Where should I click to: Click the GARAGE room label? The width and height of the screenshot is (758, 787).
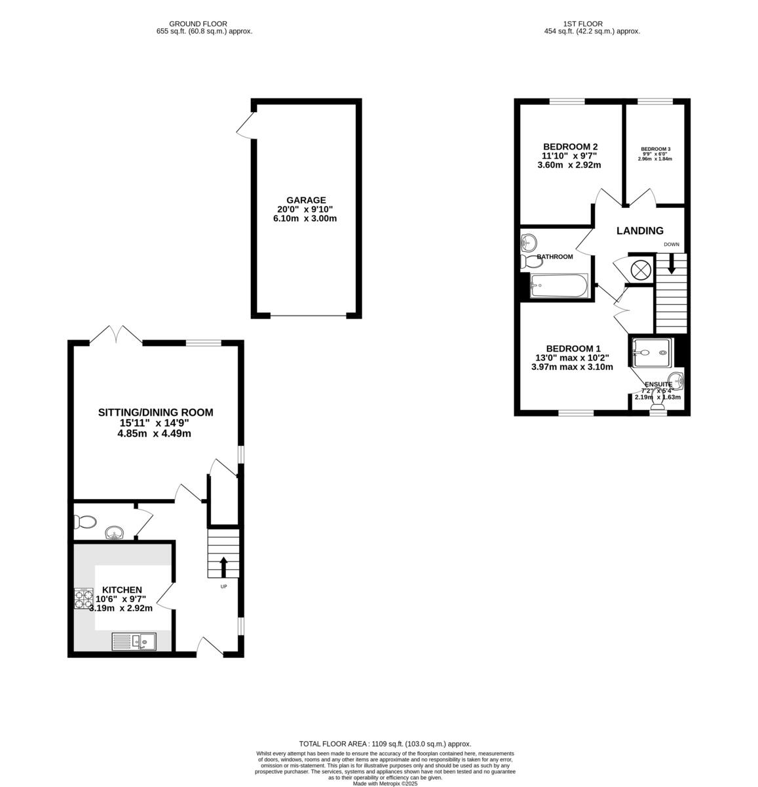(305, 200)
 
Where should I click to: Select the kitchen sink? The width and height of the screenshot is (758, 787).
(133, 641)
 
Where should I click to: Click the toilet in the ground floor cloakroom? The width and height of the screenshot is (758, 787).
(85, 522)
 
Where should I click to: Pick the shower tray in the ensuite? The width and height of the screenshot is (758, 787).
(650, 353)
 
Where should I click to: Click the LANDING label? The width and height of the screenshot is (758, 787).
(639, 231)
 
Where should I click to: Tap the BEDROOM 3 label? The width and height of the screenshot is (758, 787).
(655, 149)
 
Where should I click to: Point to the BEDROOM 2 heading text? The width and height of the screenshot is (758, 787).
(570, 146)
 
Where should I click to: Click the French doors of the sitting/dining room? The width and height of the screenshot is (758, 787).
(116, 334)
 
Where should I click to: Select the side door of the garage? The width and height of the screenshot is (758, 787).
(246, 126)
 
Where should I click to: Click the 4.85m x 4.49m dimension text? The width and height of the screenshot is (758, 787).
(155, 434)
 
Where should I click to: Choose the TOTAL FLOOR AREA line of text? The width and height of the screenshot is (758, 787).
(385, 744)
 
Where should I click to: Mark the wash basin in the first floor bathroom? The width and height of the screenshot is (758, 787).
(529, 243)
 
